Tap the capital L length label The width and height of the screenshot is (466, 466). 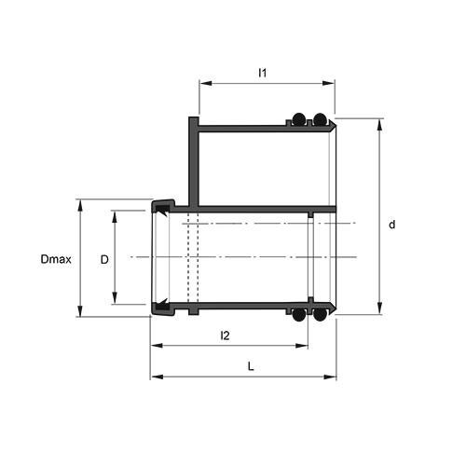251,366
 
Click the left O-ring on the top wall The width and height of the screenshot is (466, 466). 298,119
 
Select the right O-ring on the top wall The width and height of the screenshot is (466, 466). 320,119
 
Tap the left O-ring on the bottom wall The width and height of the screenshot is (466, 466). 298,315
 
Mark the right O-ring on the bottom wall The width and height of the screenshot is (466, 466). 320,315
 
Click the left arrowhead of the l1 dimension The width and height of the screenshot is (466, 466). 203,84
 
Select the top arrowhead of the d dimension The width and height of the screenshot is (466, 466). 379,122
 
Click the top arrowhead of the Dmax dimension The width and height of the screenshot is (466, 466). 82,202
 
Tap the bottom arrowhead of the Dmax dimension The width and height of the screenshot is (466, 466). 82,313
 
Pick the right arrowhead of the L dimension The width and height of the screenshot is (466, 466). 332,377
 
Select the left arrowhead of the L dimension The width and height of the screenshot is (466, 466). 155,377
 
